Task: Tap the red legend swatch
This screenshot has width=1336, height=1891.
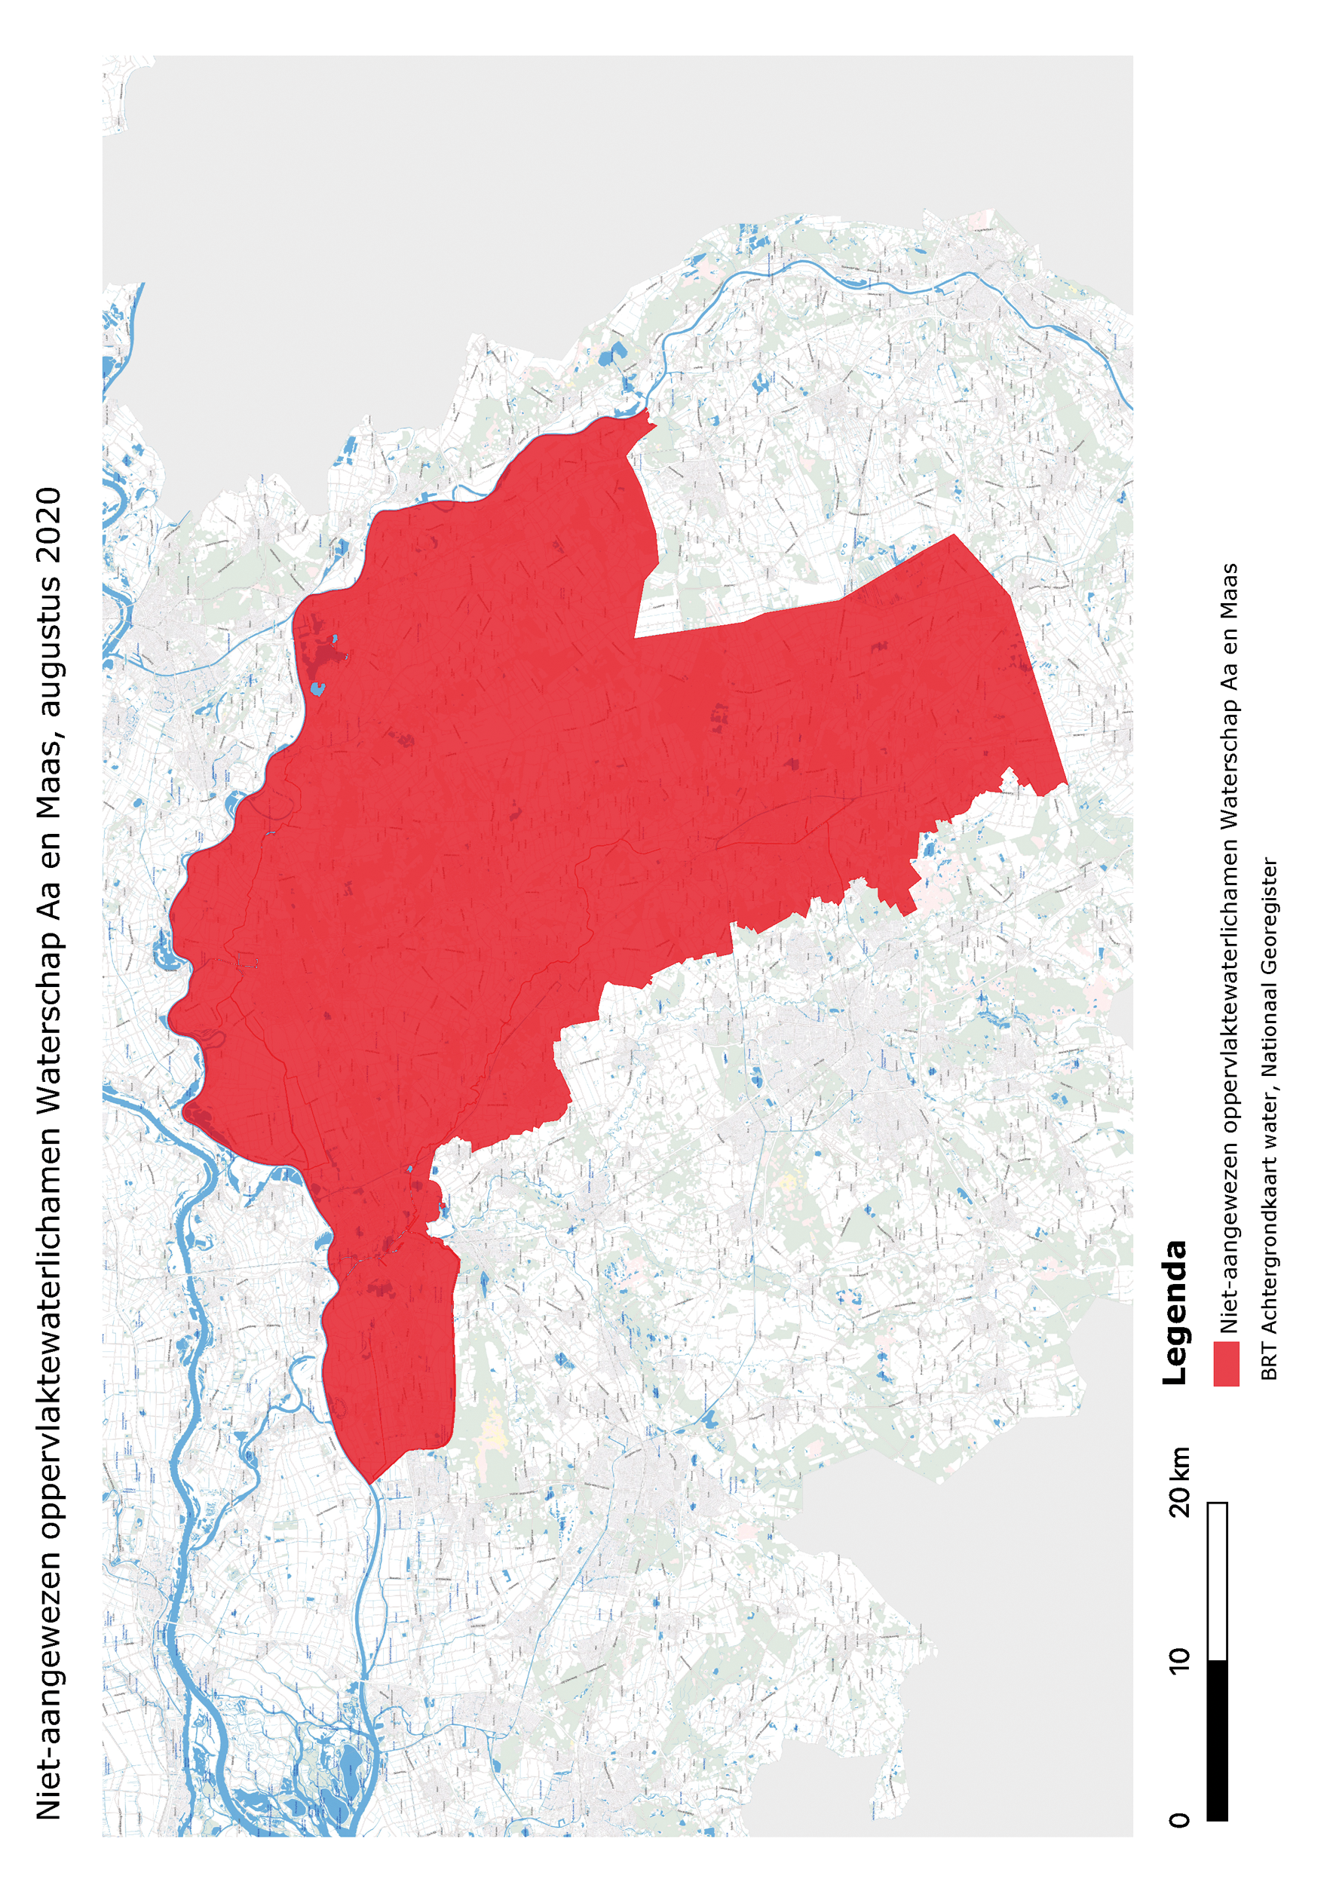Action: pyautogui.click(x=1227, y=1364)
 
